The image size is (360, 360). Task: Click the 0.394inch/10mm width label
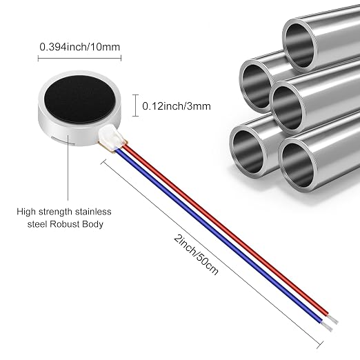point(80,47)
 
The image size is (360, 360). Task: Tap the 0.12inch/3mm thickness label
point(177,106)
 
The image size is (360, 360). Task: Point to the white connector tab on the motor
point(111,139)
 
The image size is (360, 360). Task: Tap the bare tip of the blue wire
point(327,326)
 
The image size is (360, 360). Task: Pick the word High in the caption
point(26,212)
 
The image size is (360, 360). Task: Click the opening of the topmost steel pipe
point(299,46)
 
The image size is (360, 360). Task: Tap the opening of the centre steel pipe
point(288,108)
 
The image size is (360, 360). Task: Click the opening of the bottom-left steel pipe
point(248,152)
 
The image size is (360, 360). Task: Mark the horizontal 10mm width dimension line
point(79,59)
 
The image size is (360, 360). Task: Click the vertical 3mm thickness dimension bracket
point(135,106)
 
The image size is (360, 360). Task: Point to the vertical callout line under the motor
point(68,168)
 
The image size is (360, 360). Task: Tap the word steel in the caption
point(37,224)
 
